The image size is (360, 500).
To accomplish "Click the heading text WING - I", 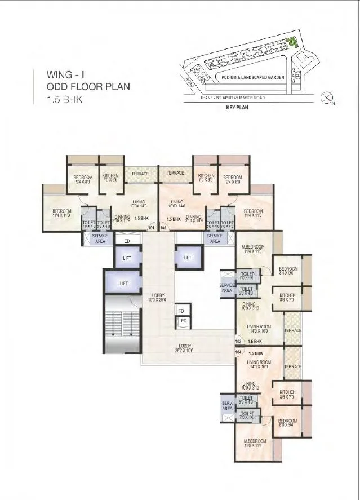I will click(67, 74).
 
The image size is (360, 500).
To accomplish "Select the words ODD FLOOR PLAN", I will click(89, 87).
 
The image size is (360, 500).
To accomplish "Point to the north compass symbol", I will click(326, 99).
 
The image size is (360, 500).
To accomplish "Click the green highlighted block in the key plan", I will click(292, 41).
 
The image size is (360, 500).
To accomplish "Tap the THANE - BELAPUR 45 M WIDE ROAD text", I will click(232, 98).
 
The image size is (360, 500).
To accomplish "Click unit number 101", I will click(150, 228).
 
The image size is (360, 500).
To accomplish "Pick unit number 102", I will click(164, 228).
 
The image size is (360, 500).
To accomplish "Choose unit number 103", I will click(238, 341).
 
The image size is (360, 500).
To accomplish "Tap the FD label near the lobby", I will click(181, 311).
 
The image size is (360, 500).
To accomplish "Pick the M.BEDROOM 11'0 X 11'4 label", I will click(254, 444).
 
